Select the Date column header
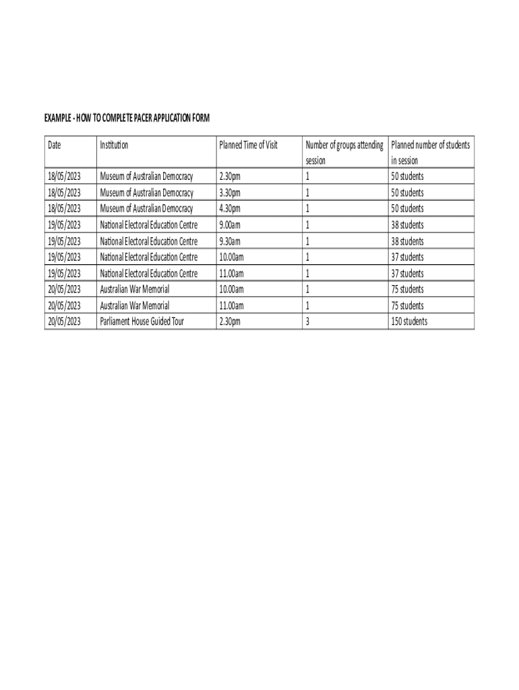click(54, 145)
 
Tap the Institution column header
click(114, 145)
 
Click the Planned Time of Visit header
click(248, 145)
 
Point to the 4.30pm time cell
click(230, 209)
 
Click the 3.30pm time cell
click(230, 193)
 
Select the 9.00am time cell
click(230, 225)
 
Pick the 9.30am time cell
click(230, 241)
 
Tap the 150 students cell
click(409, 321)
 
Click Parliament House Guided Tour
click(142, 321)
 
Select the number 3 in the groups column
click(307, 321)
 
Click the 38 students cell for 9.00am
click(407, 225)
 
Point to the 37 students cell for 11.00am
click(407, 274)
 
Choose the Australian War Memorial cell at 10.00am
click(135, 289)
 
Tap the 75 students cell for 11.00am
click(407, 305)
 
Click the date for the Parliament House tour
click(64, 321)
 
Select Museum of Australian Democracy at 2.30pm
click(146, 177)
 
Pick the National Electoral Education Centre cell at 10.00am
click(149, 257)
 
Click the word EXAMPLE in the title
click(59, 119)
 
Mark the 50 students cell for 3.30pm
click(407, 193)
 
